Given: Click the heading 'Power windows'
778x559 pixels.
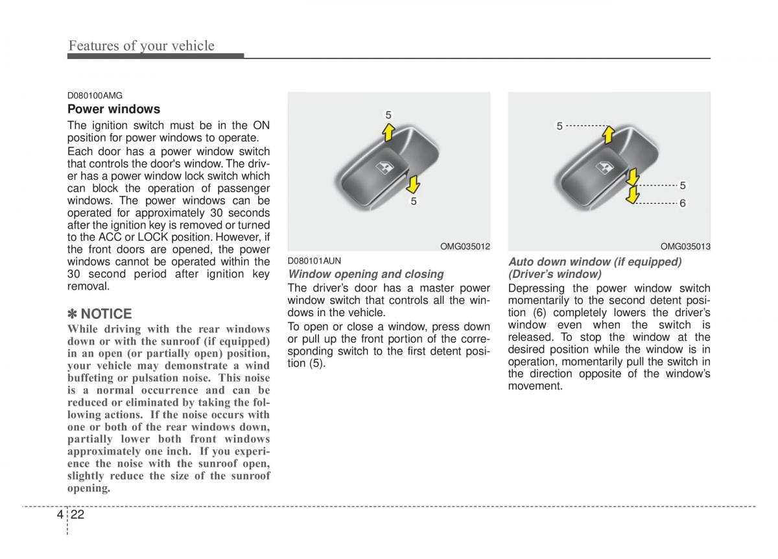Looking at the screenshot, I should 113,109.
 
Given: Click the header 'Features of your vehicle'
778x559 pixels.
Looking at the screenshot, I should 141,45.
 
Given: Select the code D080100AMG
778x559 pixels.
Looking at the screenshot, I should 95,95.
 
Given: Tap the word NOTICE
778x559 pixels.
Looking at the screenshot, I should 106,314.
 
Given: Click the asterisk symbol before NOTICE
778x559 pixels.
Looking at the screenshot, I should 73,314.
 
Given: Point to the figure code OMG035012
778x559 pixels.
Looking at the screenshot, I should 465,247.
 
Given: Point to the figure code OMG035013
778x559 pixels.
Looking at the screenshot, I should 685,247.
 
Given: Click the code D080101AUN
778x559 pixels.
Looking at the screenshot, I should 314,261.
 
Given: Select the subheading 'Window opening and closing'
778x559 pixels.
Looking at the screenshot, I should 366,274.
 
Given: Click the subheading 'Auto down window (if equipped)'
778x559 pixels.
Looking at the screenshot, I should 595,262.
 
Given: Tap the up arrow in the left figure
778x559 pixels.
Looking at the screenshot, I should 388,132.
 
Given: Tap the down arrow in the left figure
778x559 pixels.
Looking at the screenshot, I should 411,184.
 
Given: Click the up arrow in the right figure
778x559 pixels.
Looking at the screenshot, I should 608,134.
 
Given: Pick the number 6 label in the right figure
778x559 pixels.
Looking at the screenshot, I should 683,203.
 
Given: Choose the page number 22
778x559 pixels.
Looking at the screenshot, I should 79,515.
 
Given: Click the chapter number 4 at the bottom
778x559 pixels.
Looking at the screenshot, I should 60,515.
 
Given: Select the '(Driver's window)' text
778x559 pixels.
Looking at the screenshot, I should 554,274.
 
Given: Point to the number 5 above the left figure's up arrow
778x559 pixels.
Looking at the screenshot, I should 388,115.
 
